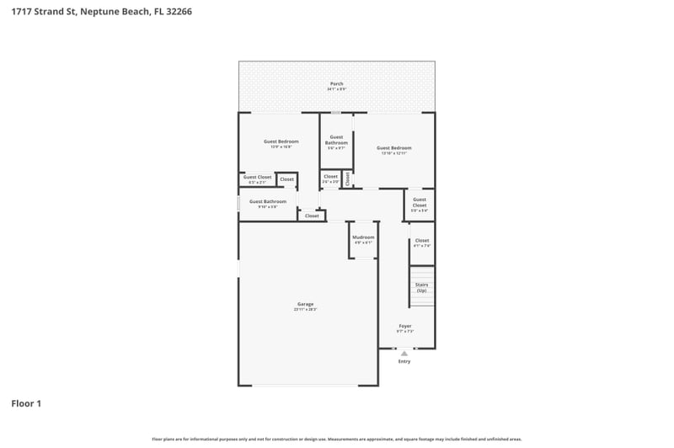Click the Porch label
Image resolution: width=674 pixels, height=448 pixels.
click(336, 83)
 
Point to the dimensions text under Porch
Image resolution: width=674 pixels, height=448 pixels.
click(336, 88)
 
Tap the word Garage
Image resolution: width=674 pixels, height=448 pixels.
click(305, 304)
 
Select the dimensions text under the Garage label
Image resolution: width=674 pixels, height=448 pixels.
click(305, 309)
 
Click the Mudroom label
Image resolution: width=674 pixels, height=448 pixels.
click(363, 237)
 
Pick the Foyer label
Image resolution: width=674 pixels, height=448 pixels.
click(404, 325)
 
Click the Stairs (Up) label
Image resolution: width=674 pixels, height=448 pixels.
click(421, 287)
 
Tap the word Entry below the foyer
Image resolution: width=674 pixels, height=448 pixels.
click(404, 361)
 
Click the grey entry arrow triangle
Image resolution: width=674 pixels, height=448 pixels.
click(404, 354)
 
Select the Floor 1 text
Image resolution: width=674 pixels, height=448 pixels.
click(26, 404)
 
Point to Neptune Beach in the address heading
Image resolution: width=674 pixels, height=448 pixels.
click(109, 13)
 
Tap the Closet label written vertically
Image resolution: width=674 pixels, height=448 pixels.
click(347, 178)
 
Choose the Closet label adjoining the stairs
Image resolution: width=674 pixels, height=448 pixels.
click(422, 240)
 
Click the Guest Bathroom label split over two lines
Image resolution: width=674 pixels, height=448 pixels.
click(336, 140)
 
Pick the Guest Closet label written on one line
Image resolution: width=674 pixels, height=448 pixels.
click(257, 177)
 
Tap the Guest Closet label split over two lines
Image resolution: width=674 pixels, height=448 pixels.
click(419, 203)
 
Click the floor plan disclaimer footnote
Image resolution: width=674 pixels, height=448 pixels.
click(336, 439)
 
